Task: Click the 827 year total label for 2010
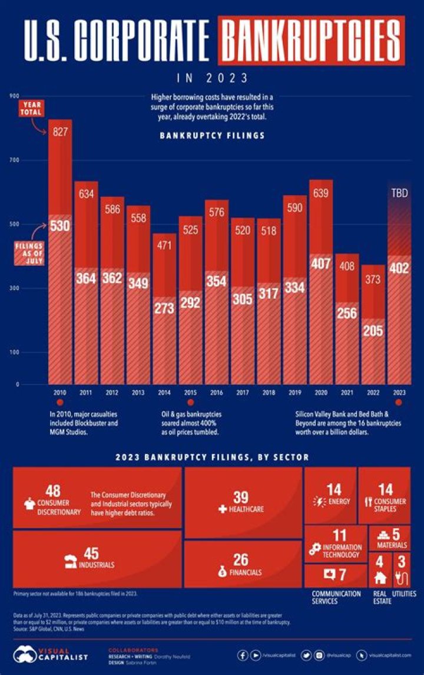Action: tap(59, 133)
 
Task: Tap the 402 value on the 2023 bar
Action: tap(399, 268)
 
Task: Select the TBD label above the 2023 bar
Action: tap(399, 193)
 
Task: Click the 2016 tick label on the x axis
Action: tap(217, 392)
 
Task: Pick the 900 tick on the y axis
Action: tap(14, 96)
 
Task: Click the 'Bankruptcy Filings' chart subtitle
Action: tap(212, 135)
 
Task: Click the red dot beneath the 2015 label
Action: tap(191, 402)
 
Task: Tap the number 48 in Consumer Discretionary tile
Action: tap(53, 490)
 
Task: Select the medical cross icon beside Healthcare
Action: tap(223, 509)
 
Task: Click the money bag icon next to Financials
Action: tap(222, 572)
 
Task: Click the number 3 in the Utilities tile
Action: tap(402, 561)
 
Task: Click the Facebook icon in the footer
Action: tap(243, 655)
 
